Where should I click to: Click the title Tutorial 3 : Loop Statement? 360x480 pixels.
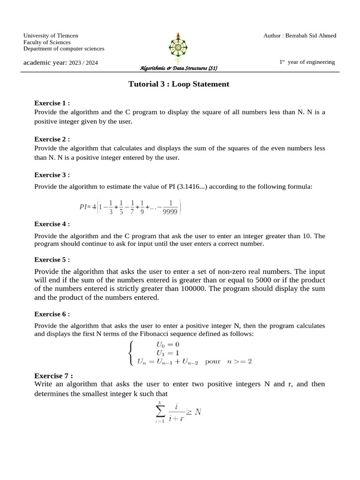(179, 84)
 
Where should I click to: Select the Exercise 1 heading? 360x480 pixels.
(52, 103)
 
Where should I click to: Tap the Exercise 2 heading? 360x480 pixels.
(52, 139)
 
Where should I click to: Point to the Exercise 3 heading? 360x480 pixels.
(52, 175)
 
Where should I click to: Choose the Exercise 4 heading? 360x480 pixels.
(52, 224)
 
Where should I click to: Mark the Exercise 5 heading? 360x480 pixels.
(52, 260)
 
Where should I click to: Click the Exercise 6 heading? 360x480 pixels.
(52, 314)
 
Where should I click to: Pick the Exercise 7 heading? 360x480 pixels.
(53, 376)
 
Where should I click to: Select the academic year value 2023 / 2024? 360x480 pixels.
(83, 63)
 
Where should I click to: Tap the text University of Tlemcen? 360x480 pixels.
(51, 36)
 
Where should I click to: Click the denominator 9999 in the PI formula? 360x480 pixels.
(170, 211)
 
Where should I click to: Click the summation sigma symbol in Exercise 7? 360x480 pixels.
(159, 412)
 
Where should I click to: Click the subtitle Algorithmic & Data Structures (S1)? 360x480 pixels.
(179, 68)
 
